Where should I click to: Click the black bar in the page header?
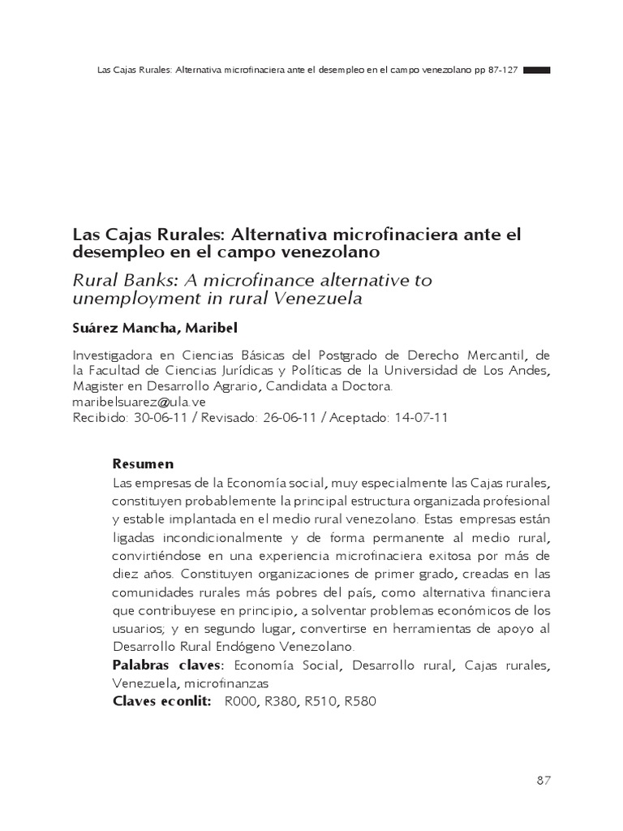click(537, 71)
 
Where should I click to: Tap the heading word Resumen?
click(143, 464)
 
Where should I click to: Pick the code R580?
click(360, 701)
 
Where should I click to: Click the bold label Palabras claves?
click(166, 665)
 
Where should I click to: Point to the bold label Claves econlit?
click(162, 701)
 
